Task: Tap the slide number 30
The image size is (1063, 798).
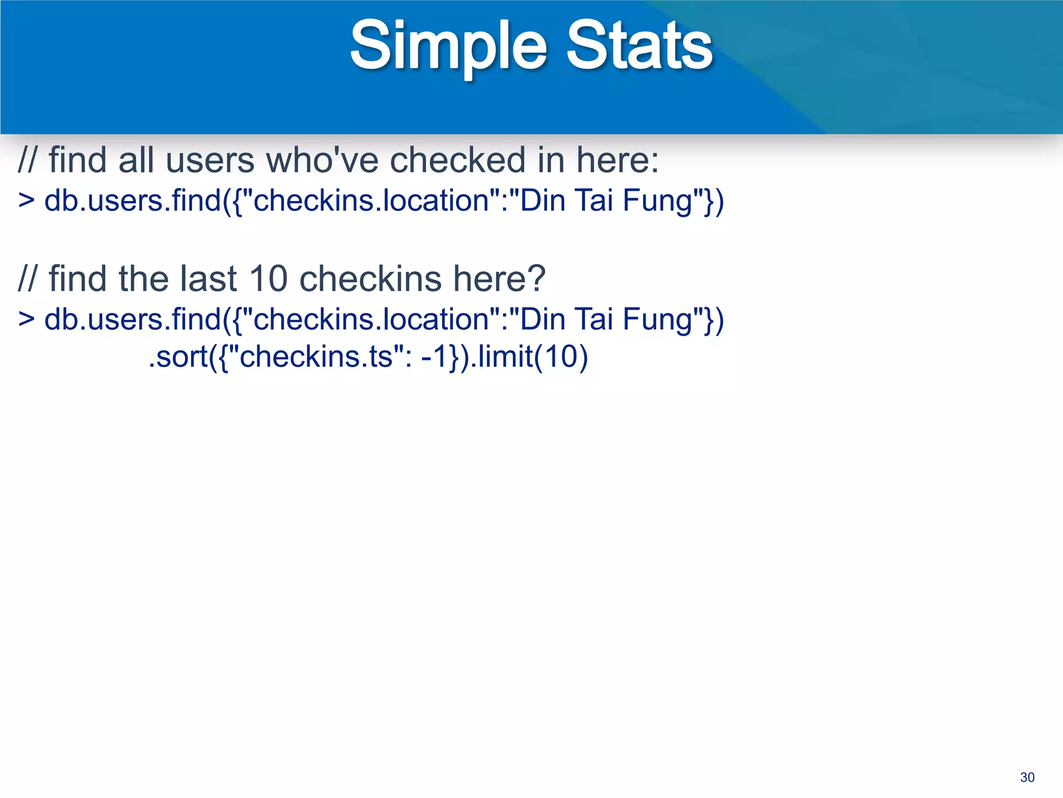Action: click(1027, 777)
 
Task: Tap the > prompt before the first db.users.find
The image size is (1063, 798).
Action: click(26, 201)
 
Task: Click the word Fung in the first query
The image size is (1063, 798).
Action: click(658, 202)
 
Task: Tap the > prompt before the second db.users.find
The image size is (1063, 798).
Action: click(26, 319)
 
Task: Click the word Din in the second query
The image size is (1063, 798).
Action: click(542, 319)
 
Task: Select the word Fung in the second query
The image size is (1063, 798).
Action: click(658, 320)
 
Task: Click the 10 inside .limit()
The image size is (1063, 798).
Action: click(561, 357)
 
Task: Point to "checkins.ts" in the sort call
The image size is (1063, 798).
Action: click(316, 357)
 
